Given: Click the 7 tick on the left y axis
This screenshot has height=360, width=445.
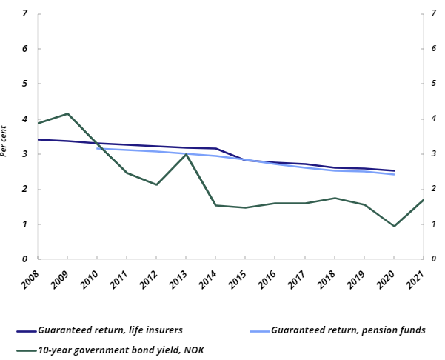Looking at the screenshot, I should pyautogui.click(x=26, y=14).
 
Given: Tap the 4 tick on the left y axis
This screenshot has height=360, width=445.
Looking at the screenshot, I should pyautogui.click(x=26, y=119).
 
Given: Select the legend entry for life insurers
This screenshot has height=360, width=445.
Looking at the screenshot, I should pyautogui.click(x=110, y=330).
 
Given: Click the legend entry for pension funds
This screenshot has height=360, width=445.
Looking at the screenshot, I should pyautogui.click(x=348, y=330).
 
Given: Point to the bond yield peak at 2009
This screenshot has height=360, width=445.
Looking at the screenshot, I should pyautogui.click(x=67, y=113).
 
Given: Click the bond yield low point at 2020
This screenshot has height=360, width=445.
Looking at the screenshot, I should pyautogui.click(x=393, y=226).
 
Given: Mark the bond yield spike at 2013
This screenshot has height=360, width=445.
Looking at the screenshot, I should pyautogui.click(x=186, y=154).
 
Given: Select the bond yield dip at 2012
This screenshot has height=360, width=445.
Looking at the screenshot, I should pyautogui.click(x=156, y=184).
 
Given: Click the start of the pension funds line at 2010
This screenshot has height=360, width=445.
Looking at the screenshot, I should pyautogui.click(x=97, y=148).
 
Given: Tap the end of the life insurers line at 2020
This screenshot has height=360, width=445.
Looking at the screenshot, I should pyautogui.click(x=393, y=170).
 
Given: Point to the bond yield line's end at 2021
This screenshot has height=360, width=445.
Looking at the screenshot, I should pyautogui.click(x=423, y=200).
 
